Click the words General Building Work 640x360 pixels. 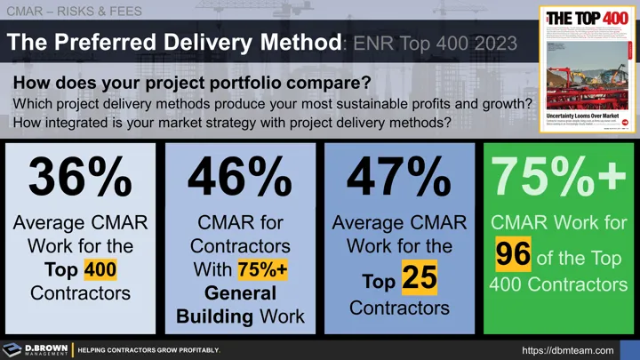point(239,305)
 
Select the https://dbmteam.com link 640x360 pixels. point(568,350)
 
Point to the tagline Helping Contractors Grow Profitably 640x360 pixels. point(148,350)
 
